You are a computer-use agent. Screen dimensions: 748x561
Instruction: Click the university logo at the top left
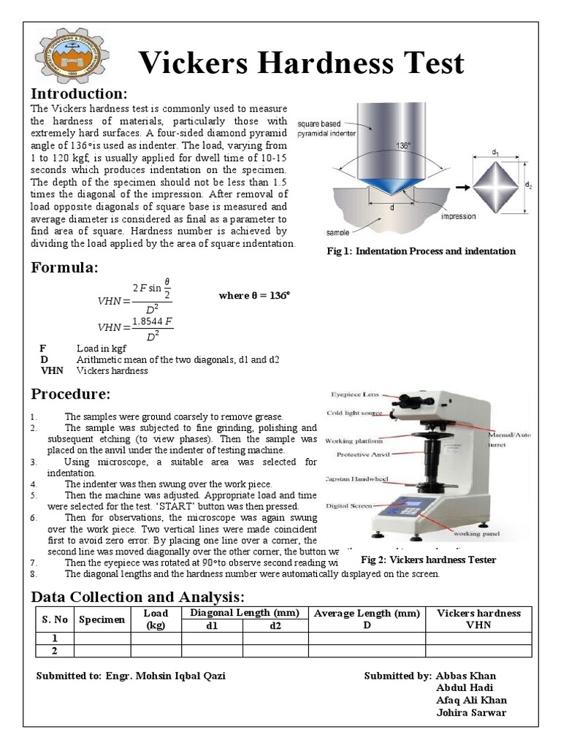click(x=69, y=57)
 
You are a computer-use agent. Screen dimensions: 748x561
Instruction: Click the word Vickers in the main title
click(x=196, y=64)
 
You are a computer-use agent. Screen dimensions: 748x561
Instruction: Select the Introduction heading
click(x=79, y=94)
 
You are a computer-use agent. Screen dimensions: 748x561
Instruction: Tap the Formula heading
click(x=64, y=267)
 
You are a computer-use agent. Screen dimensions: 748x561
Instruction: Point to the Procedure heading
click(x=70, y=394)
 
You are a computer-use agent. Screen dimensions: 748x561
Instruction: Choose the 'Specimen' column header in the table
click(x=102, y=619)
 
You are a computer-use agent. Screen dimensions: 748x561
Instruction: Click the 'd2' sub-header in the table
click(x=275, y=625)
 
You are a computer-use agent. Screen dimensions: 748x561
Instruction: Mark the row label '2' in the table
click(x=54, y=651)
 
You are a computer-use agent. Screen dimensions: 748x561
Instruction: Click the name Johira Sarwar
click(x=471, y=713)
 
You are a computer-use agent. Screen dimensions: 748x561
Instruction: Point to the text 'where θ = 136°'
click(x=254, y=296)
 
